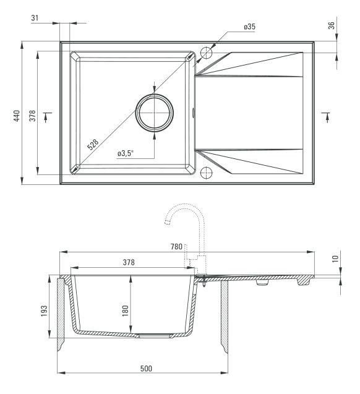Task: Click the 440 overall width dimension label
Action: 17,116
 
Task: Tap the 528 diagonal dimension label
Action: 93,145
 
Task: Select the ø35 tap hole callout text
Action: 249,27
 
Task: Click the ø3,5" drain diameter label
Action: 126,153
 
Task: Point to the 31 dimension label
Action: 35,18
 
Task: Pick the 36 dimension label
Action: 332,25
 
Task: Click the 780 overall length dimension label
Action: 176,247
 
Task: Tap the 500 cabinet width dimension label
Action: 146,369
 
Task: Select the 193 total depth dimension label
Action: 44,311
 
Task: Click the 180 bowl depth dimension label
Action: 125,311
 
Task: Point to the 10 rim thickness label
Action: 335,259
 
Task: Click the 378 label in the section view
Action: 129,262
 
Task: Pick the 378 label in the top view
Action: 32,116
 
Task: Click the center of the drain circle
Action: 154,113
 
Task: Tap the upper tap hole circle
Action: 206,53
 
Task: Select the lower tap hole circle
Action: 206,173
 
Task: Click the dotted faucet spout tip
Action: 166,222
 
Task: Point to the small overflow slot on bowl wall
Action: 193,113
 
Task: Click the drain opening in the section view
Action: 154,335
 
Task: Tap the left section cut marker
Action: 47,117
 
